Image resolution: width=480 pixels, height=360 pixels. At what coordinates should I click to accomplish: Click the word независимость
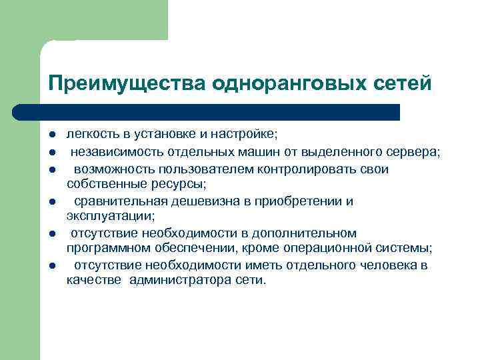tap(111, 152)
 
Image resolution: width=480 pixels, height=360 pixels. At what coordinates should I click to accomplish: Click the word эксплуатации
tap(110, 215)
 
